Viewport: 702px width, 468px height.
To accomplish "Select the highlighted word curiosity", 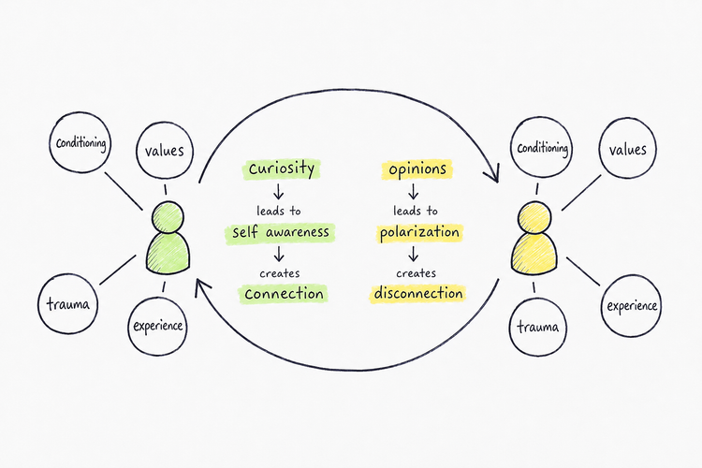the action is pyautogui.click(x=282, y=168).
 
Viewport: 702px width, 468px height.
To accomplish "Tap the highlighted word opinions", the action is pyautogui.click(x=417, y=169).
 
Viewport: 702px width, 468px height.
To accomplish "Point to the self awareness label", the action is pyautogui.click(x=280, y=232).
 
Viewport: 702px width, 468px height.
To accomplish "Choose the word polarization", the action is pyautogui.click(x=419, y=232).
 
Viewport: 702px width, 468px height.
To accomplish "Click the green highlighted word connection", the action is pyautogui.click(x=284, y=294).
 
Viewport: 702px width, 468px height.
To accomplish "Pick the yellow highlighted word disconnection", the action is pyautogui.click(x=418, y=294).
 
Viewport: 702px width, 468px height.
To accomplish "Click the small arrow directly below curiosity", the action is pyautogui.click(x=279, y=191).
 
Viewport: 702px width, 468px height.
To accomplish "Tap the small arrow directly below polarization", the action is pyautogui.click(x=413, y=254).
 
